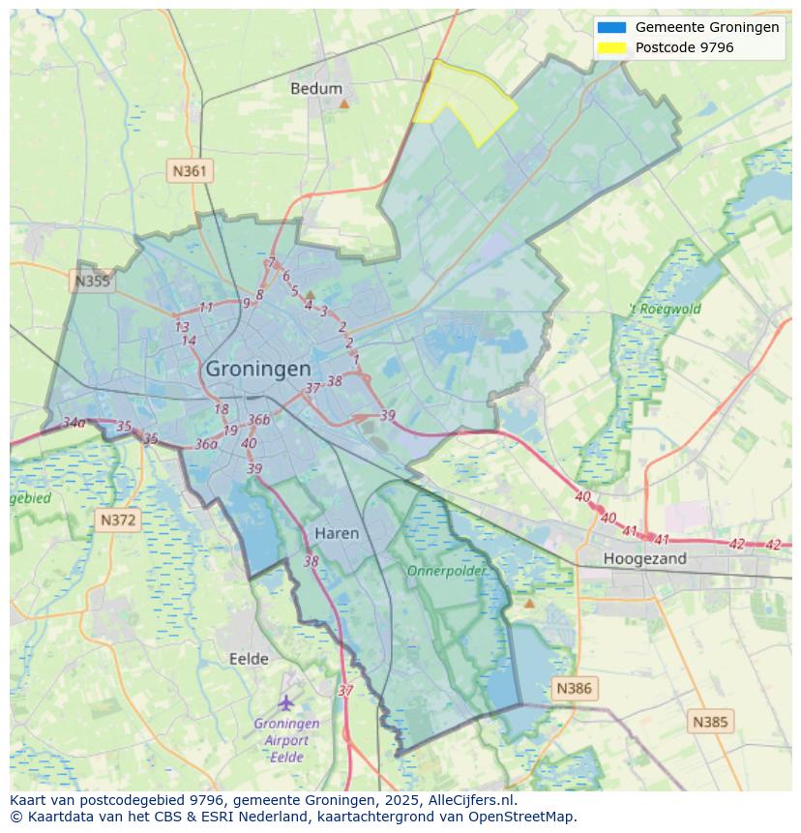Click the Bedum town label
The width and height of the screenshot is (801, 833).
coord(315,89)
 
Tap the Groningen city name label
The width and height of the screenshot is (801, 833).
coord(258,369)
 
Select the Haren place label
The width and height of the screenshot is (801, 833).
coord(337,533)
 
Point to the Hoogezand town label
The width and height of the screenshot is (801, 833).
coord(644,558)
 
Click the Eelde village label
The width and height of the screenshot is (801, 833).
coord(249,659)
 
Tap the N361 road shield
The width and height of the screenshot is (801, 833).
coord(190,171)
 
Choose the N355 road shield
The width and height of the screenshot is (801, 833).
coord(92,282)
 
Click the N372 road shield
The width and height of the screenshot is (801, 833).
coord(119,521)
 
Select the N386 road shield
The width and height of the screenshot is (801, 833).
coord(574,689)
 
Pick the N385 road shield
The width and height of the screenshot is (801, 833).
coord(711,721)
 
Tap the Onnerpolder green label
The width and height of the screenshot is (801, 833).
coord(446,571)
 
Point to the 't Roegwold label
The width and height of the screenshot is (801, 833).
coord(666,310)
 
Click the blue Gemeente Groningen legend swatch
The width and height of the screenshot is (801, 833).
coord(611,27)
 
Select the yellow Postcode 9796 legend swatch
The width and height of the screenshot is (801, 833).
coord(611,47)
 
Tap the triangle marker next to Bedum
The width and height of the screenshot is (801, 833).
coord(342,102)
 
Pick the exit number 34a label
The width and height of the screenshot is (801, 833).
coord(74,423)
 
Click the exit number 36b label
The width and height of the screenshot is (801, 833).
coord(258,420)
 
